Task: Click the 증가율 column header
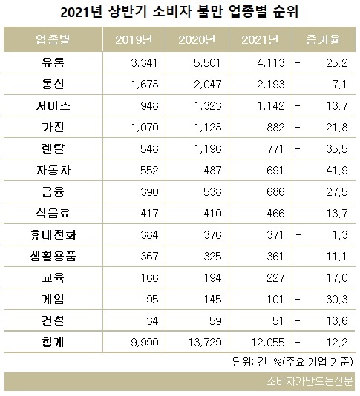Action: pos(323,39)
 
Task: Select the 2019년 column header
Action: pos(134,39)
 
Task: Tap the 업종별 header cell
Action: pos(53,39)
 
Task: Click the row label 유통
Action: pos(53,62)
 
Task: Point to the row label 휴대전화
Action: pos(53,234)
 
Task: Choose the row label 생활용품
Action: pos(53,256)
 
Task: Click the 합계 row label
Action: pos(53,342)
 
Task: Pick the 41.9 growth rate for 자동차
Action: pos(337,171)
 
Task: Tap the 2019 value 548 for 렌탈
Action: pos(149,149)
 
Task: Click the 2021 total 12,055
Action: pos(268,342)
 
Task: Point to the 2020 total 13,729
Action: pos(205,342)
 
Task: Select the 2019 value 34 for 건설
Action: pos(152,321)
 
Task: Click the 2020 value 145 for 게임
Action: pos(212,300)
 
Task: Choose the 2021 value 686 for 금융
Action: pos(275,191)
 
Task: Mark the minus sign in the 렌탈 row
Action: pos(298,148)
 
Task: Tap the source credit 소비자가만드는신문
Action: pos(310,381)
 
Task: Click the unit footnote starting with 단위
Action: pos(292,362)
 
